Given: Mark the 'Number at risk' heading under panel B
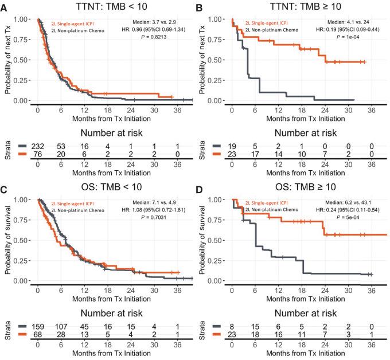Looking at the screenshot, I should [299, 131].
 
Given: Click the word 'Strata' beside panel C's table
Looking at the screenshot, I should [7, 331].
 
